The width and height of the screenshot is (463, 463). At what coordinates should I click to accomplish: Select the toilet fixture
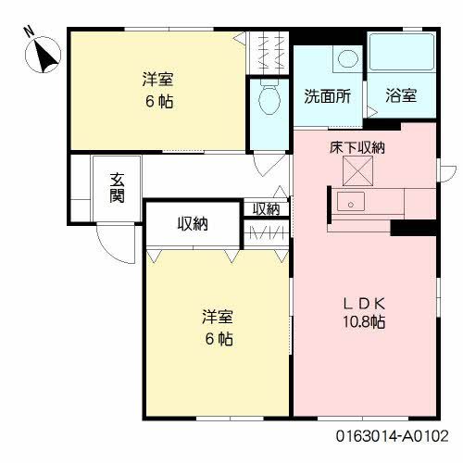coord(269,100)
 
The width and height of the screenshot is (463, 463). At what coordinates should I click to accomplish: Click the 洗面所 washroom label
coord(327,96)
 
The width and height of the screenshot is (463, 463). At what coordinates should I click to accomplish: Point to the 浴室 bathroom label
coord(401,96)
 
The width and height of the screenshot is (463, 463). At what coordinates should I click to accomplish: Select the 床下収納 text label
coord(357,147)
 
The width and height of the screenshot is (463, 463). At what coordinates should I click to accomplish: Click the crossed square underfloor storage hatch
coord(357,170)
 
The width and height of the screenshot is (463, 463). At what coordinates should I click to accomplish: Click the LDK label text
coord(364,303)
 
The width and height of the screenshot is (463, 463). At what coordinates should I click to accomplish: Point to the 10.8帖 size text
coord(363,322)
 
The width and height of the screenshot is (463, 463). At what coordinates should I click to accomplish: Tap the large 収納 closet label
coord(194,223)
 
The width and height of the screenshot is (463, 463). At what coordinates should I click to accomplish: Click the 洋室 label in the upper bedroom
coord(156,80)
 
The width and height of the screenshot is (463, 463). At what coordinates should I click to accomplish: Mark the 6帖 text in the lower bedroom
coord(218,338)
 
